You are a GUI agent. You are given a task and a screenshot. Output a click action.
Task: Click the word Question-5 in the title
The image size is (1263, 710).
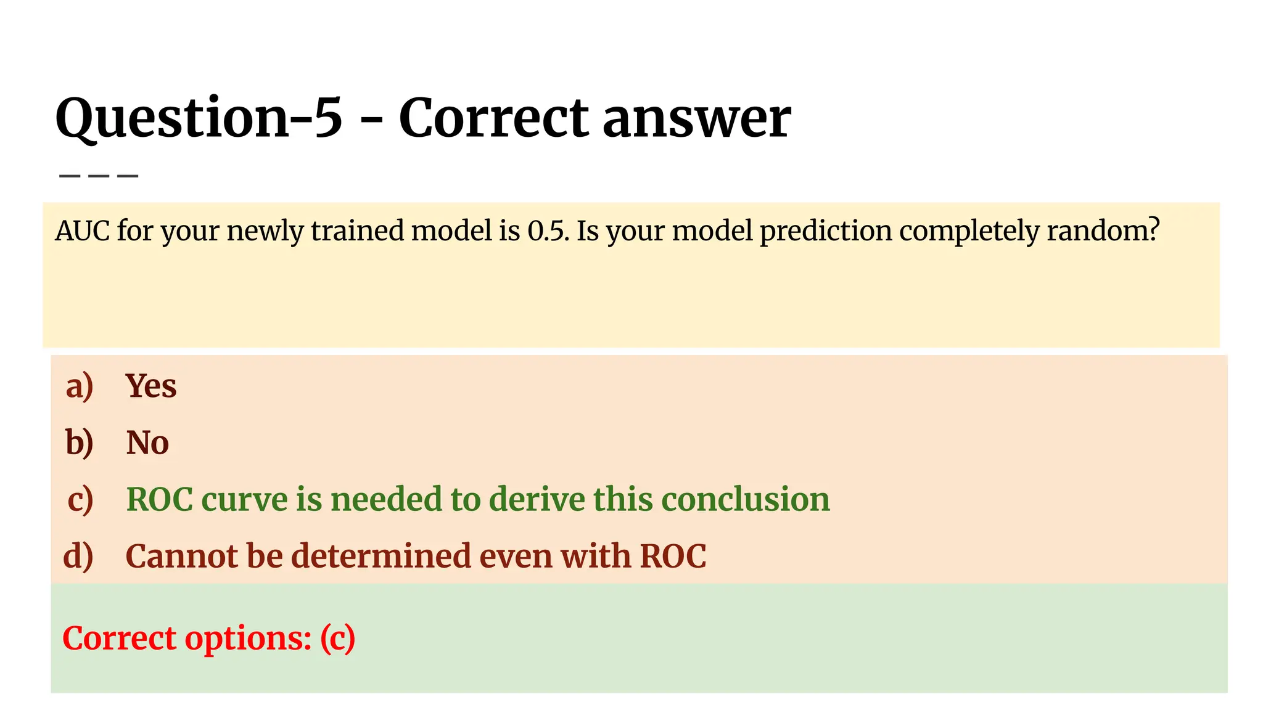click(199, 118)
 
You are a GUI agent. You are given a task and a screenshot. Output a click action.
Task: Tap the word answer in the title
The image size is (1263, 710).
click(696, 118)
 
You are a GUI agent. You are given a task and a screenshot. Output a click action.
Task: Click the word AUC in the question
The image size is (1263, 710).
click(82, 231)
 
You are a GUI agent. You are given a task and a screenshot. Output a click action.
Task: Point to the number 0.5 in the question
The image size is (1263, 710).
click(547, 231)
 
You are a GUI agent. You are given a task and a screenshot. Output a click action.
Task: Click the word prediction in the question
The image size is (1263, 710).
click(825, 231)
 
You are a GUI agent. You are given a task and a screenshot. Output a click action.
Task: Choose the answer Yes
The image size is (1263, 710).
click(151, 386)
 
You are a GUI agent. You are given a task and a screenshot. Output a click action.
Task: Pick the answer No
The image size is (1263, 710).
click(147, 443)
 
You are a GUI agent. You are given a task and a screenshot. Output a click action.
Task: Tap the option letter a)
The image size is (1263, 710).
click(80, 386)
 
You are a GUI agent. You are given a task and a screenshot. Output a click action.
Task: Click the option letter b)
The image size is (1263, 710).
click(80, 443)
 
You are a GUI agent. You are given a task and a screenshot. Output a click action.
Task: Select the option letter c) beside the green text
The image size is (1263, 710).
click(80, 499)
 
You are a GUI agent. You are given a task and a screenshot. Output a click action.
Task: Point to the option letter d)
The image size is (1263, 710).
click(78, 556)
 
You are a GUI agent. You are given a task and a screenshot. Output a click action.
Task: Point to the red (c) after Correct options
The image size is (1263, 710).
click(337, 639)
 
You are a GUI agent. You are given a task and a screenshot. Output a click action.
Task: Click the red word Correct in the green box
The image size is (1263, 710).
click(120, 639)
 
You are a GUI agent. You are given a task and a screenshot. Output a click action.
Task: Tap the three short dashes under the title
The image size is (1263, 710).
click(99, 176)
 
